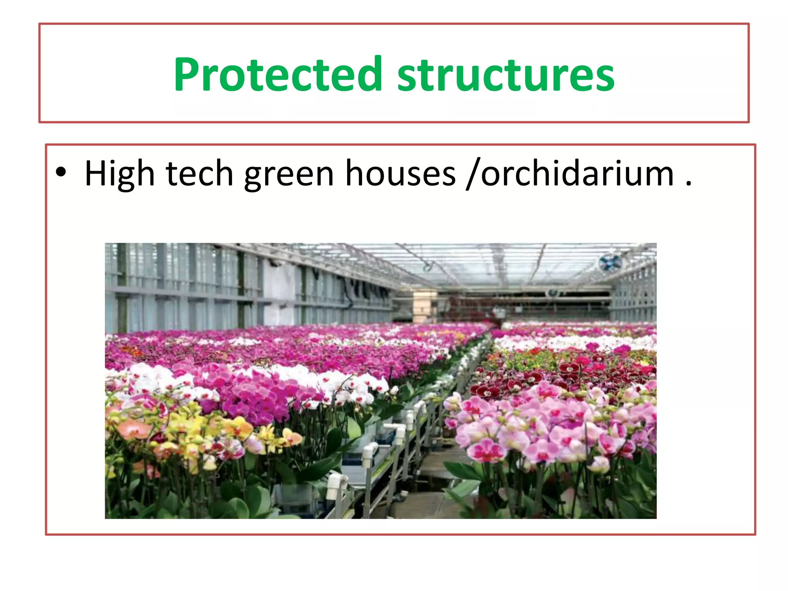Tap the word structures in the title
pos(506,75)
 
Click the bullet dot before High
pos(61,172)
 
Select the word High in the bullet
pos(119,174)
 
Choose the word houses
pos(400,174)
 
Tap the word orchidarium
pos(577,174)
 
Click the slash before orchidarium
pos(472,174)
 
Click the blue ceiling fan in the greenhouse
pos(610,262)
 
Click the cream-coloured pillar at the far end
pos(424,306)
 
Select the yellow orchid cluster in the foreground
pos(192,427)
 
